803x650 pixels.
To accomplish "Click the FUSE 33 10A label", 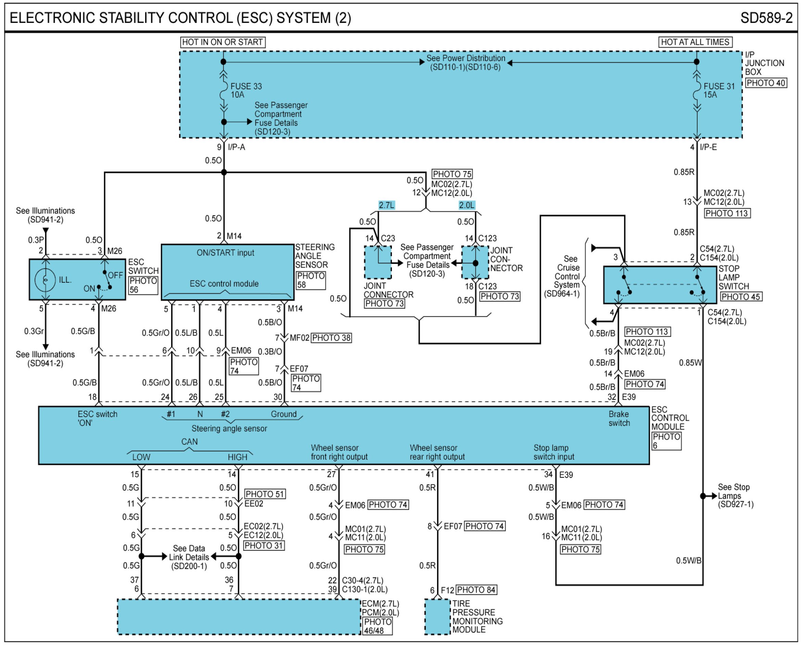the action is click(x=246, y=90).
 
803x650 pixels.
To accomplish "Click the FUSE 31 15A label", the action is click(x=719, y=90).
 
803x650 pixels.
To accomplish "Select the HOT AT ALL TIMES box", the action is click(x=695, y=42).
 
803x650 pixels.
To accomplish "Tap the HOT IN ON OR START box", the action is click(x=223, y=42).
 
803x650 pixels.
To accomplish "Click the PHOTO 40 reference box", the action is click(x=766, y=83).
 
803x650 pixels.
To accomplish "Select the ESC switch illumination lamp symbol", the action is click(x=45, y=280).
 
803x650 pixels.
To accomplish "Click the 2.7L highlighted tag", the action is click(x=386, y=205).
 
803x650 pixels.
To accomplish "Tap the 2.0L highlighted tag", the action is click(x=467, y=205).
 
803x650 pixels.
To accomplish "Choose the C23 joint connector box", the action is click(x=378, y=262).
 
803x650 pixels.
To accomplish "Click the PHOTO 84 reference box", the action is click(x=476, y=590).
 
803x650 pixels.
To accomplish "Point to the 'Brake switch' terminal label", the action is click(x=619, y=419).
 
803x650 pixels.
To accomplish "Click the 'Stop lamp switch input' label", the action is click(x=554, y=452).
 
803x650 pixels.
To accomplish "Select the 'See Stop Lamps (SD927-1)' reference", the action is click(x=735, y=496).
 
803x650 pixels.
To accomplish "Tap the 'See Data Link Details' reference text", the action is click(x=189, y=557).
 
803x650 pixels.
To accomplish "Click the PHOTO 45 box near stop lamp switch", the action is click(x=740, y=297).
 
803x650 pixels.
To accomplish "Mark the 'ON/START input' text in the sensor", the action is click(x=225, y=253).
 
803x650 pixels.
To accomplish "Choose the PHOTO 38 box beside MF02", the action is click(x=331, y=338).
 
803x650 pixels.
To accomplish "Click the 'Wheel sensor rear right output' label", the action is click(x=437, y=452).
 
